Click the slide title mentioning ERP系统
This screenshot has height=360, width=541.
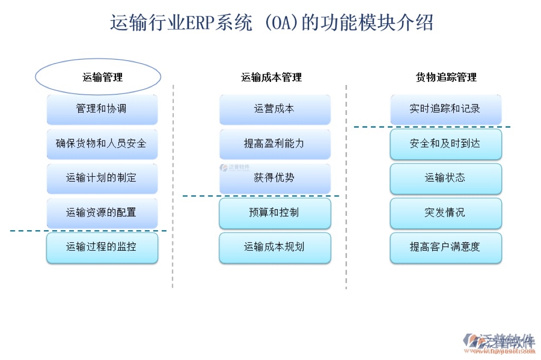[x=272, y=24]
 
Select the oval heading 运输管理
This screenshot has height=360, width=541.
[x=98, y=77]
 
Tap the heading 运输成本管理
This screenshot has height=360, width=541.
[x=272, y=78]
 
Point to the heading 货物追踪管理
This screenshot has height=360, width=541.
[x=446, y=78]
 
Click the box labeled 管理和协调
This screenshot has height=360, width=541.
[x=102, y=109]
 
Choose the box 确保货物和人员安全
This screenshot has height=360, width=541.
[x=102, y=144]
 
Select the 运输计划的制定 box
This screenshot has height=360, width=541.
[x=102, y=178]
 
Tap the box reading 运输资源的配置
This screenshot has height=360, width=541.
[x=102, y=212]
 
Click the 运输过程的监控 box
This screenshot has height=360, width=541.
[x=102, y=247]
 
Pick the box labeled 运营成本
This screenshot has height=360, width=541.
[x=275, y=109]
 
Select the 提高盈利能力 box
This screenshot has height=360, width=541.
[x=275, y=144]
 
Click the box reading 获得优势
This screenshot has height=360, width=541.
[x=275, y=178]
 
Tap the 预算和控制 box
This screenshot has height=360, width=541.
[x=275, y=212]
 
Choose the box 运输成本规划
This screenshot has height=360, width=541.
[x=275, y=247]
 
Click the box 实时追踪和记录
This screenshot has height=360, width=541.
[x=446, y=109]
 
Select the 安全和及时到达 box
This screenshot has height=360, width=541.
[x=446, y=144]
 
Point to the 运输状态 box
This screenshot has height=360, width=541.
[x=446, y=178]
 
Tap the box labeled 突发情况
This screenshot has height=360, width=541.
[x=446, y=212]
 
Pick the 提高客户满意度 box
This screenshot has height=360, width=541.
[x=446, y=247]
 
